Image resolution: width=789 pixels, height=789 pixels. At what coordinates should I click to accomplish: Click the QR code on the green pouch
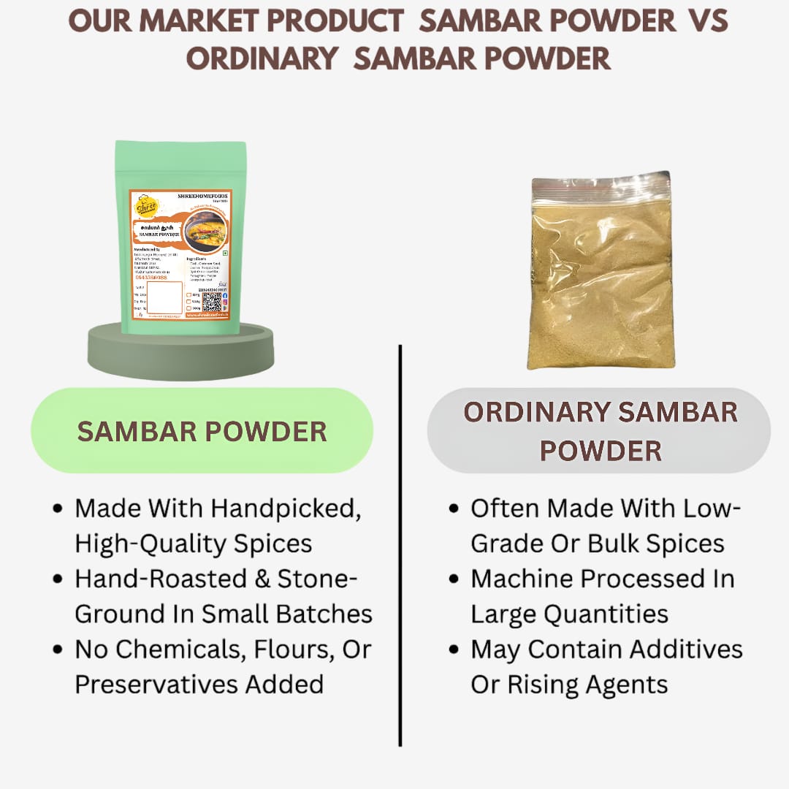pos(211,302)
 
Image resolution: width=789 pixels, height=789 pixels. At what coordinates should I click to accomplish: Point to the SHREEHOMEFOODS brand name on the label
pos(202,197)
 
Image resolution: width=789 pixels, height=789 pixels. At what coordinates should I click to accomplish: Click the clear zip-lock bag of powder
pos(601,270)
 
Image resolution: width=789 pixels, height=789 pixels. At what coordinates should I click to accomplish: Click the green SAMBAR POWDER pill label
pos(202,431)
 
